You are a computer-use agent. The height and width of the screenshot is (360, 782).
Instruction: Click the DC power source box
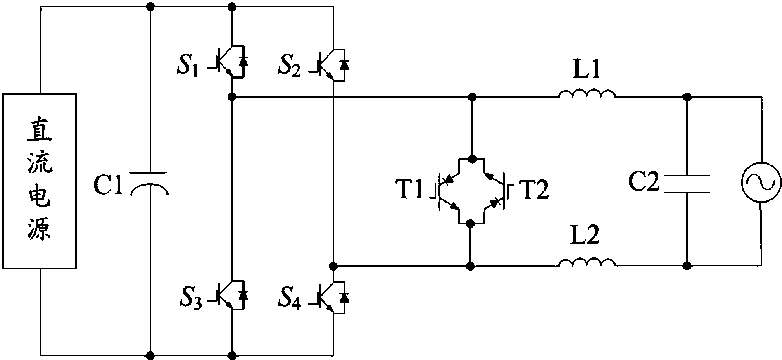tap(39, 181)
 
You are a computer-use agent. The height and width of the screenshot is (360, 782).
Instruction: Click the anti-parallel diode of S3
tap(243, 295)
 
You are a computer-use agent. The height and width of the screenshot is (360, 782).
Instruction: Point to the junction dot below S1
tap(232, 97)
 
